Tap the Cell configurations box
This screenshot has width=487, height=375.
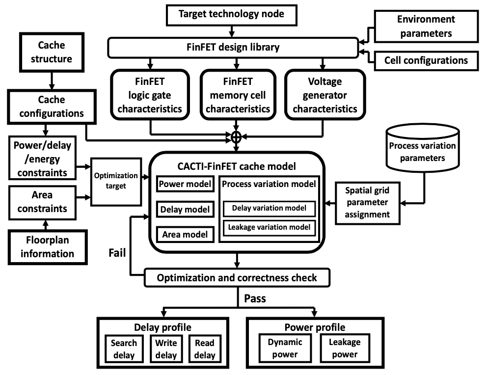click(x=426, y=60)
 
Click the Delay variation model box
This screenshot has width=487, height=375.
click(x=269, y=208)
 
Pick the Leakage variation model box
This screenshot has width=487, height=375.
click(x=269, y=227)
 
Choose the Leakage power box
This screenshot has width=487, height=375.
click(x=345, y=348)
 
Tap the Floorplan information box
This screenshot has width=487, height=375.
click(x=48, y=247)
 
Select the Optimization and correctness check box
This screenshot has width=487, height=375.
click(x=237, y=278)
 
